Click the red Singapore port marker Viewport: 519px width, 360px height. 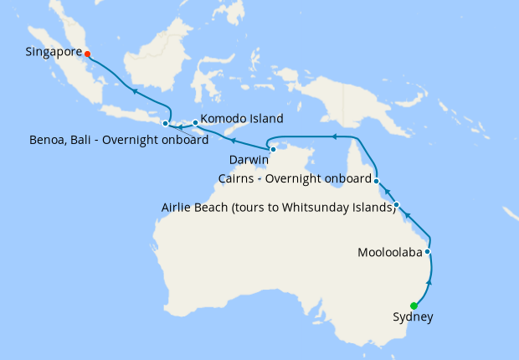pyautogui.click(x=87, y=54)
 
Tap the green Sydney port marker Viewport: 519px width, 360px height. pyautogui.click(x=414, y=306)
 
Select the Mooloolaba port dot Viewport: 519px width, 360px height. pyautogui.click(x=428, y=251)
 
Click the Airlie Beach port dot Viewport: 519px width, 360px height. pyautogui.click(x=397, y=205)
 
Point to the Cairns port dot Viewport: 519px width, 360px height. pyautogui.click(x=377, y=181)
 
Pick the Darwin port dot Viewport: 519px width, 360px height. pyautogui.click(x=274, y=149)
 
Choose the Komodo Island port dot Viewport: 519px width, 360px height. pyautogui.click(x=195, y=123)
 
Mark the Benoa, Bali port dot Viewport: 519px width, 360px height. pyautogui.click(x=165, y=124)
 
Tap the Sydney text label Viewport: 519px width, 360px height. pyautogui.click(x=413, y=317)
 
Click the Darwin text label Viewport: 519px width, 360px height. pyautogui.click(x=249, y=159)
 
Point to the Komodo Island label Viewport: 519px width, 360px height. pyautogui.click(x=242, y=118)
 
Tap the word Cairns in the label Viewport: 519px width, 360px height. pyautogui.click(x=237, y=178)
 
